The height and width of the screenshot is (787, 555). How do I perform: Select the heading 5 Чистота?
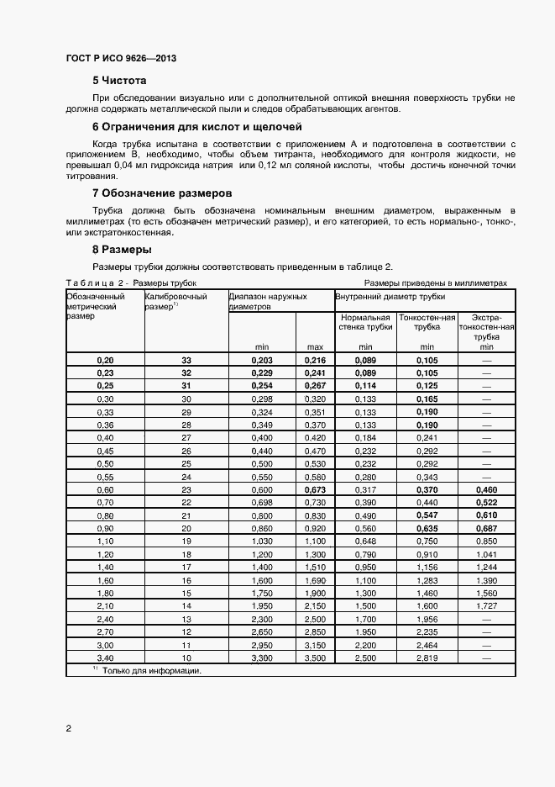[119, 81]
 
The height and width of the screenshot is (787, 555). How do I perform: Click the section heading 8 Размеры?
[122, 250]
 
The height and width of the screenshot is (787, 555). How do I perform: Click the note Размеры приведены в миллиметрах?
[436, 283]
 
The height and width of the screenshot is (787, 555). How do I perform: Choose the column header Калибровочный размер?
[174, 301]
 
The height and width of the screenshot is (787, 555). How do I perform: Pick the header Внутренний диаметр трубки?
[390, 296]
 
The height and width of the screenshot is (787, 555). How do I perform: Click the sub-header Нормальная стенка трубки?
[365, 322]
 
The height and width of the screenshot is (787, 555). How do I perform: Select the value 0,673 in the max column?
[315, 489]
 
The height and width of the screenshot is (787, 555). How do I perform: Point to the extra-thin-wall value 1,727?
[485, 605]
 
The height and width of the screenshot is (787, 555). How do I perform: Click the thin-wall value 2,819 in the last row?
[427, 658]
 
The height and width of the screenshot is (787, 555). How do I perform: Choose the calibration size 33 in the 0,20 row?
[186, 360]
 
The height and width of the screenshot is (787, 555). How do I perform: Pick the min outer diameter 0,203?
[262, 360]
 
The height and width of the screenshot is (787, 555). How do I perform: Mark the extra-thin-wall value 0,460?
[485, 489]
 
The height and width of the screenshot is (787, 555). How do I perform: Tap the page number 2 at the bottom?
[68, 728]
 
